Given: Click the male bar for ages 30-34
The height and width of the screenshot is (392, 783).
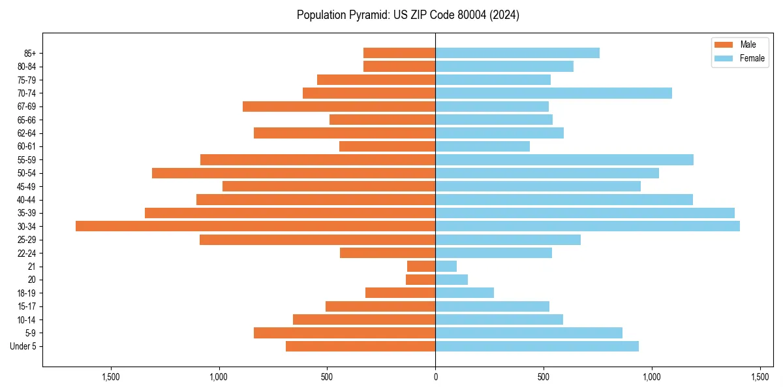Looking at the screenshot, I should coord(255,226).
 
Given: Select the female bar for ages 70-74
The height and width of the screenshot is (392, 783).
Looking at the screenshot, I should coord(553,93).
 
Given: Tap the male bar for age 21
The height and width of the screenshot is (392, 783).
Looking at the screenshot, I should coord(421,266).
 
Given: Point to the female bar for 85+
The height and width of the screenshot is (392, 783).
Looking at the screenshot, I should coord(517,53).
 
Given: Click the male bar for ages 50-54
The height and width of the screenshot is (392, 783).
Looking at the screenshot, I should coord(294,173).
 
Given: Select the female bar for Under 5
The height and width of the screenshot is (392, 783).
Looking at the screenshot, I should coord(536,346).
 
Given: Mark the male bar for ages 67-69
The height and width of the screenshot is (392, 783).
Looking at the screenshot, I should coord(339,106).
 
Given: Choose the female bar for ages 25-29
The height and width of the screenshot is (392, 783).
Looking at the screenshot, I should coord(508,240).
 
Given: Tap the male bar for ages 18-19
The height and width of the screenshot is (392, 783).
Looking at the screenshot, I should coord(400,293).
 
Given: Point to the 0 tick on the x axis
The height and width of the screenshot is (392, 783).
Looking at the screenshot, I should coord(435,376).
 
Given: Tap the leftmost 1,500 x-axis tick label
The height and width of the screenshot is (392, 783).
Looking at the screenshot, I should coord(111,376).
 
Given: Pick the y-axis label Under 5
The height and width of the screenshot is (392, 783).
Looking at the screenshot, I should coord(23,346).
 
